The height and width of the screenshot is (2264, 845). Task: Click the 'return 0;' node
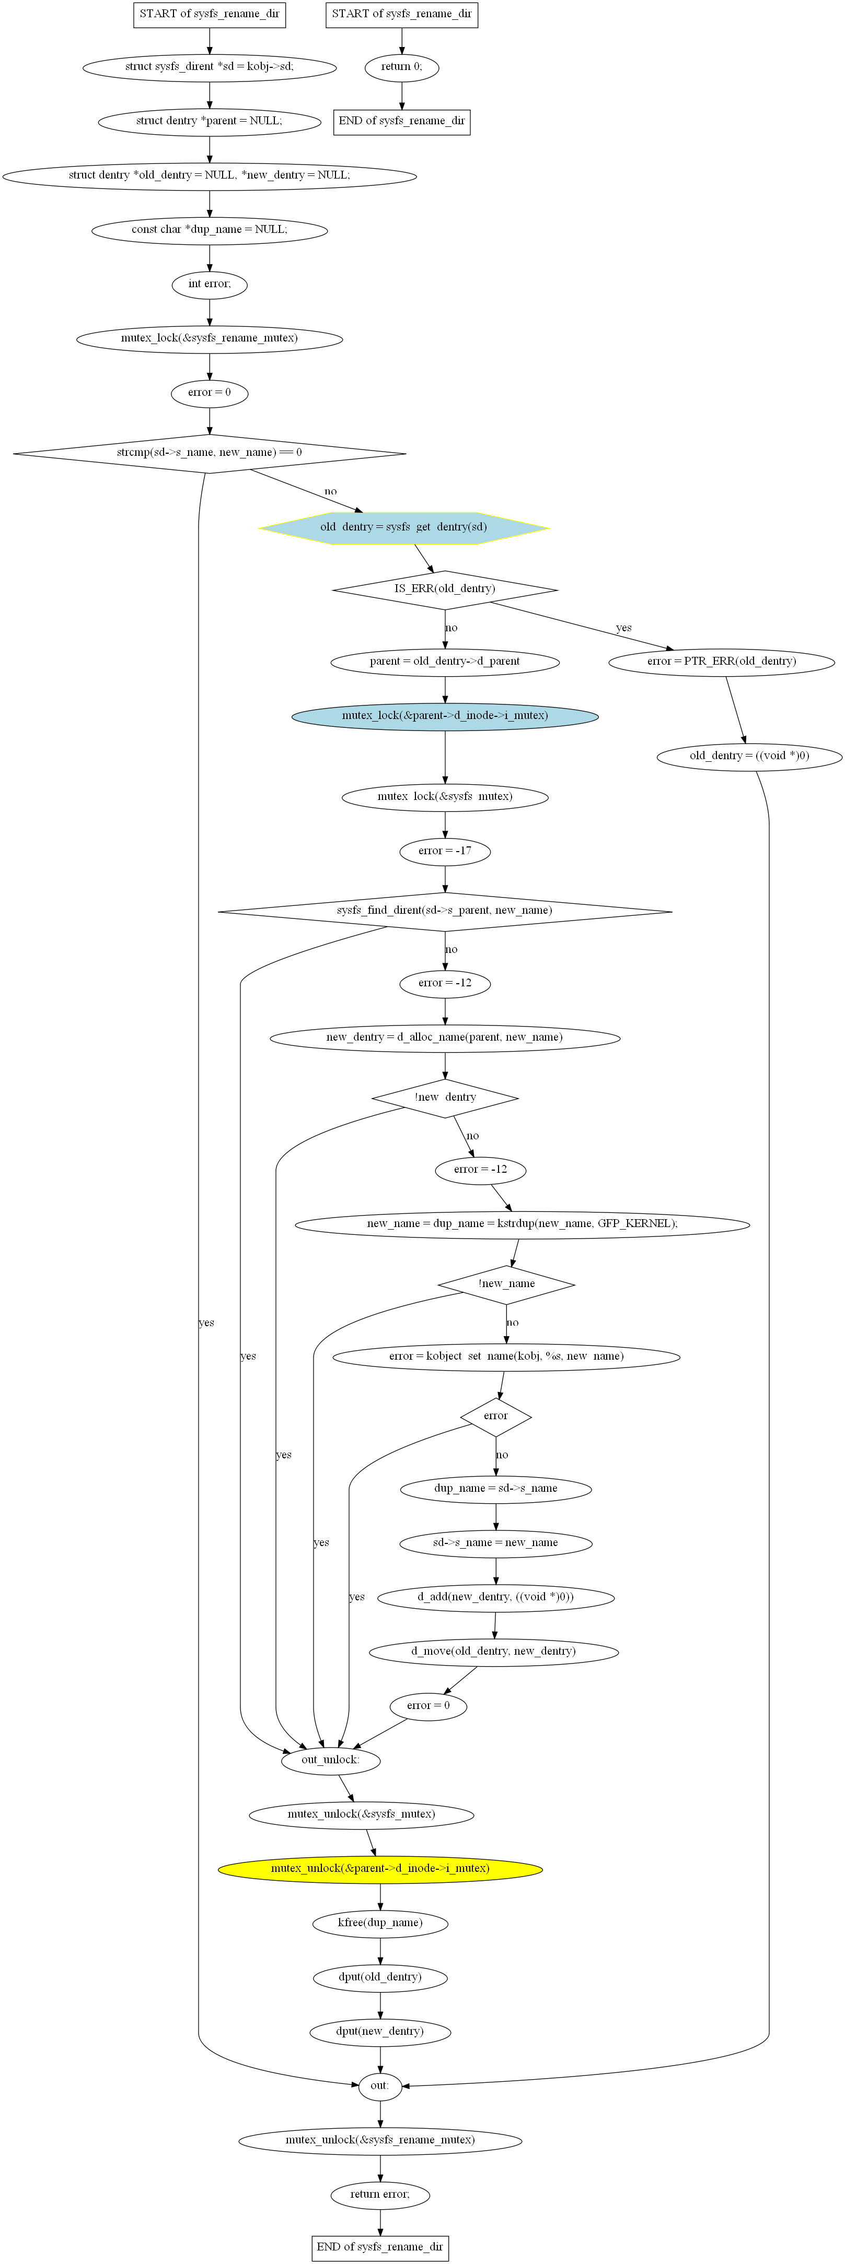(402, 67)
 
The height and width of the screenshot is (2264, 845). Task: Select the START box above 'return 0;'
(402, 14)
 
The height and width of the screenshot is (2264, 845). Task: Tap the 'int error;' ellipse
(209, 284)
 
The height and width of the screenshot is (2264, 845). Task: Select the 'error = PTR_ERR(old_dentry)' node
(722, 662)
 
